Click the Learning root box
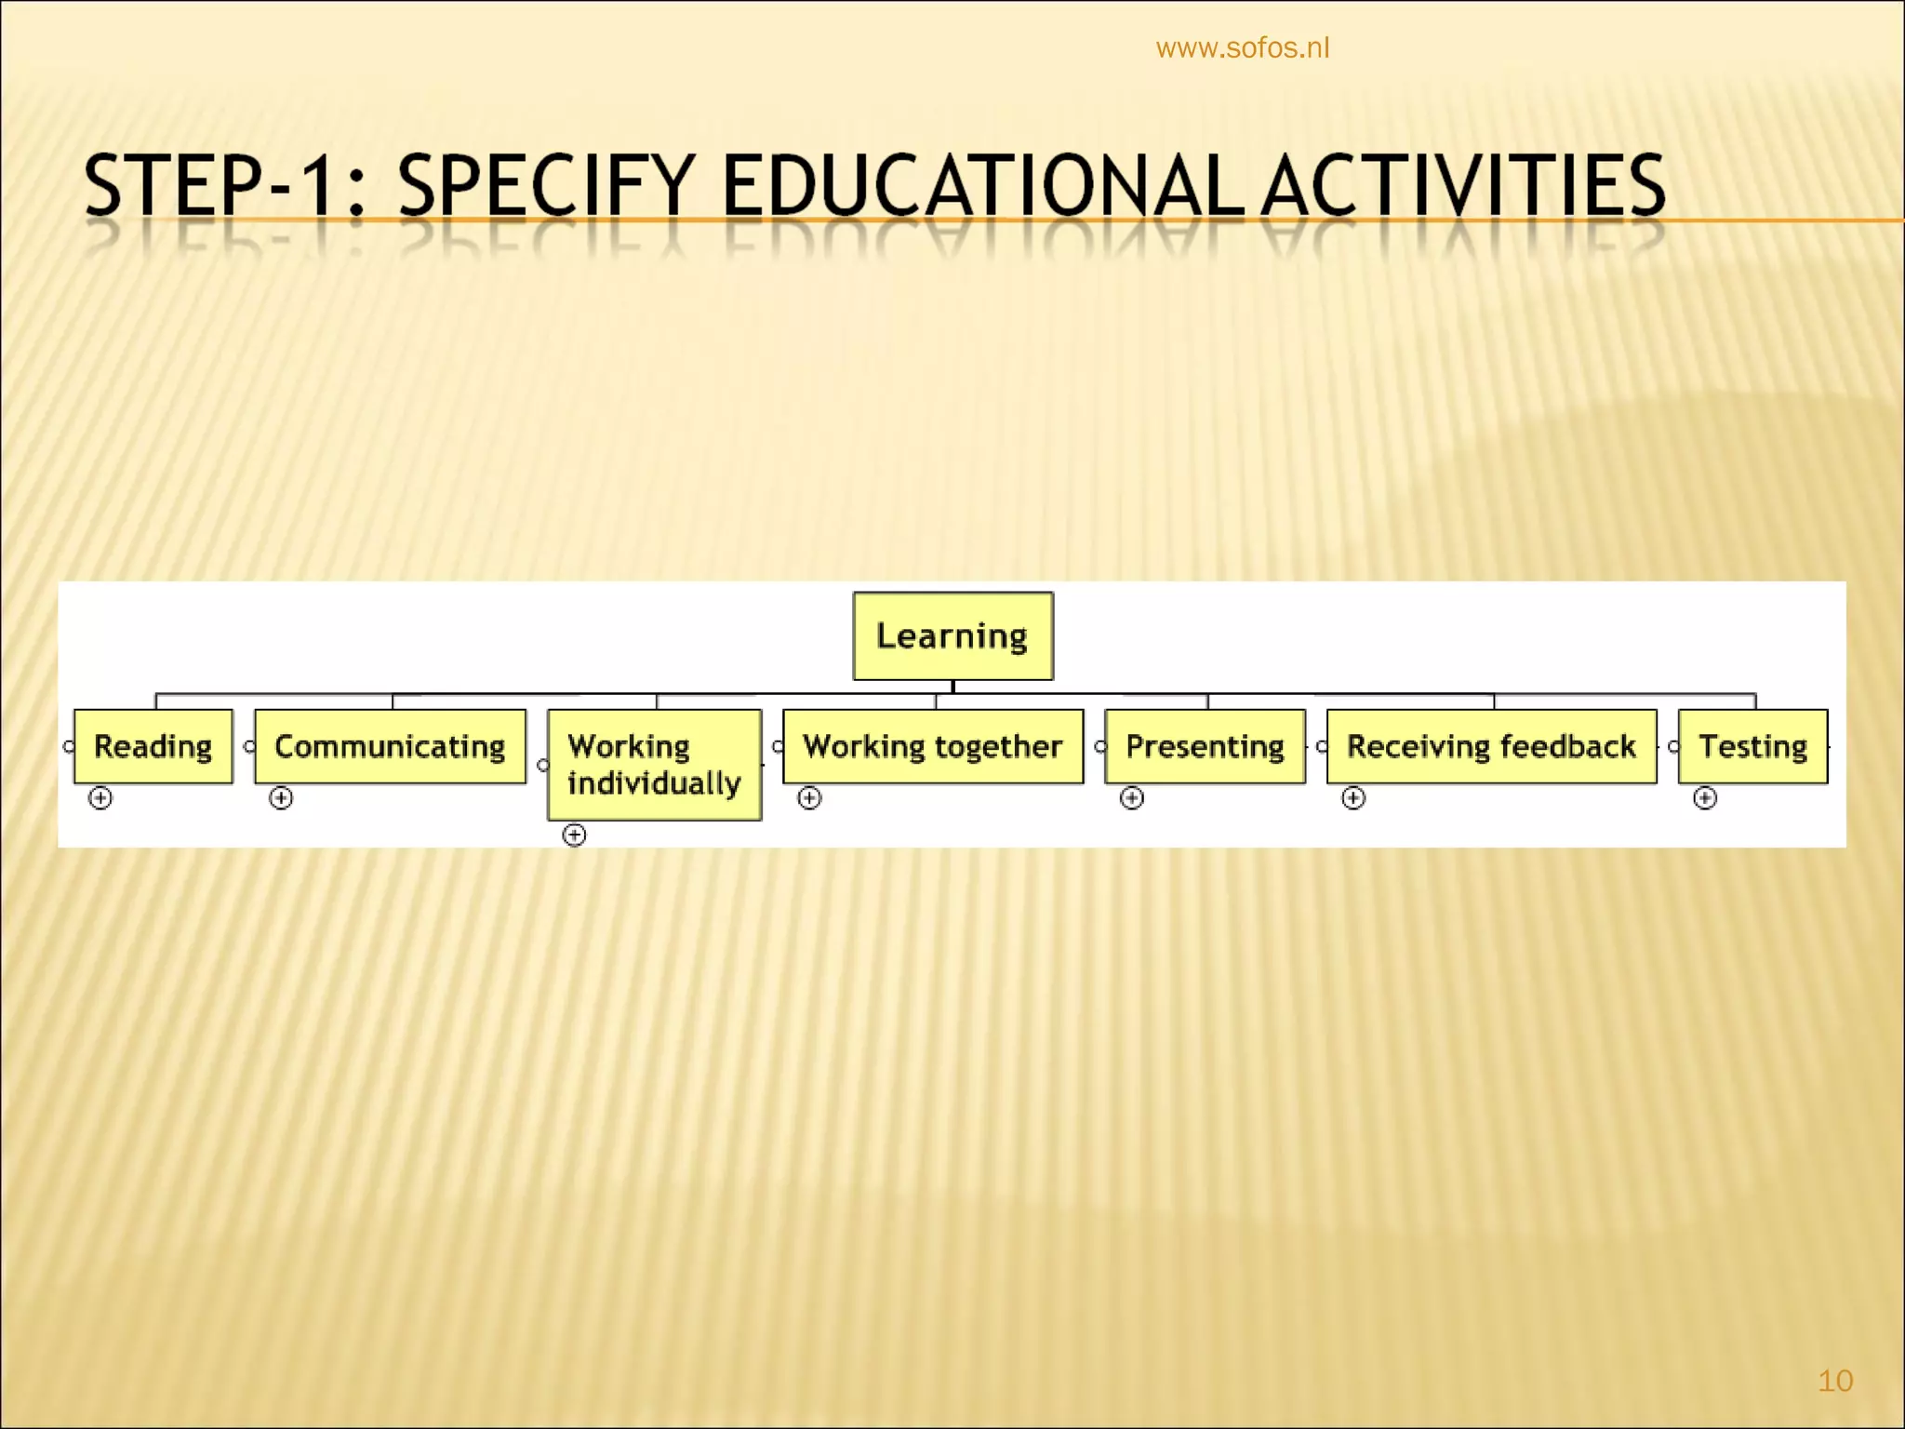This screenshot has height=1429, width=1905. coord(952,636)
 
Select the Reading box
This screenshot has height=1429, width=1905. coord(153,746)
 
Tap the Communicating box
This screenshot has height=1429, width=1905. coord(390,746)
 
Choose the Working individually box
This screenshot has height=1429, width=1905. coord(655,765)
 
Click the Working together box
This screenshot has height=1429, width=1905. coord(933,746)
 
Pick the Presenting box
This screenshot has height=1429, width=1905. coord(1205,746)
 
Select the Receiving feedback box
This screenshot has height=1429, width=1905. coord(1491,746)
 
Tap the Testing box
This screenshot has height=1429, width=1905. coord(1752,746)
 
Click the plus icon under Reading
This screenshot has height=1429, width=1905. coord(100,798)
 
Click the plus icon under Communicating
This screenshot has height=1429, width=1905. coord(281,798)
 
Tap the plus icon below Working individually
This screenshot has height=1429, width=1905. coord(575,835)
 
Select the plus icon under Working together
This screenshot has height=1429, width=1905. coord(809,798)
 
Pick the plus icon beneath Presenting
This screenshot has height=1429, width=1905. coord(1131,798)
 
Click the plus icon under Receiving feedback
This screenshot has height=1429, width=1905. coord(1353,798)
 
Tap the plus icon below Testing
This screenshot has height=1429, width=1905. coord(1705,798)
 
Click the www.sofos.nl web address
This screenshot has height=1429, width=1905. coord(1243,48)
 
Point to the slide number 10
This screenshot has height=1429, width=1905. coord(1835,1381)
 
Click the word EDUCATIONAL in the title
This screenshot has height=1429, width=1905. coord(982,186)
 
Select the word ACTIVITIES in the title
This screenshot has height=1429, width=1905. coord(1465,186)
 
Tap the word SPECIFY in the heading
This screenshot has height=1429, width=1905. coord(547,186)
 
